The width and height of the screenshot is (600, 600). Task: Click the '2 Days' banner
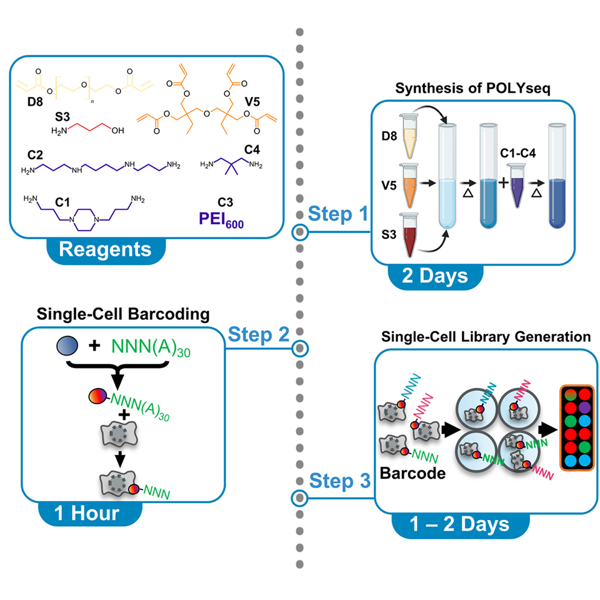point(436,277)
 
